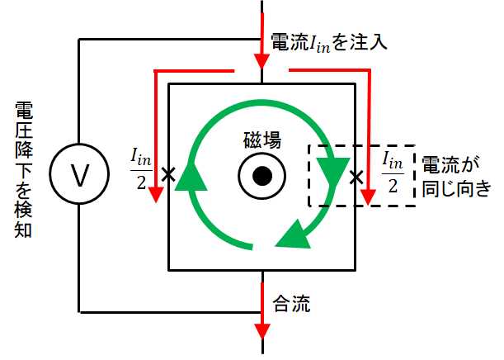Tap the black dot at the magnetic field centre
click(x=262, y=176)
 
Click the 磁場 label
click(x=262, y=140)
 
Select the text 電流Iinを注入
click(x=329, y=42)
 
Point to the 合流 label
click(x=291, y=303)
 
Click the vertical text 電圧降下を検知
click(x=23, y=170)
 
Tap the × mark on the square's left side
click(x=168, y=175)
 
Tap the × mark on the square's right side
click(x=356, y=178)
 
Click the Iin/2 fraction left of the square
click(x=141, y=169)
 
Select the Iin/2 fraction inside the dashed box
click(x=393, y=173)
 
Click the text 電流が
click(x=450, y=164)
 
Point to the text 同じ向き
click(x=456, y=188)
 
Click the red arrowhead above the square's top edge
click(x=262, y=61)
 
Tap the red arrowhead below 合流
click(x=262, y=331)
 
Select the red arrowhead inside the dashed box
click(x=368, y=197)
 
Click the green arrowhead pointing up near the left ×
click(x=191, y=177)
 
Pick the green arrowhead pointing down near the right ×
click(x=334, y=172)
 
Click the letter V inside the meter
click(x=80, y=175)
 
